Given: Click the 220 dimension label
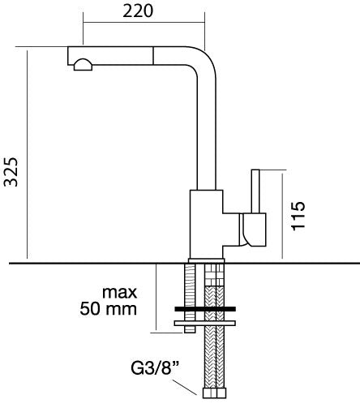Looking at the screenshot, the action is point(138,11).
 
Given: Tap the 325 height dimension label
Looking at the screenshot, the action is point(11,172).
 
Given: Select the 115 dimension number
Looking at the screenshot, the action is point(298,216).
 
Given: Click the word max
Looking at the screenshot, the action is point(119,293).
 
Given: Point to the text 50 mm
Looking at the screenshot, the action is point(108,308).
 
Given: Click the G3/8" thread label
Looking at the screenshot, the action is point(156,367).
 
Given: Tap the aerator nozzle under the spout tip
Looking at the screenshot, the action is point(83,65).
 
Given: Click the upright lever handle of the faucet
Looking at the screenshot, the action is point(255,191).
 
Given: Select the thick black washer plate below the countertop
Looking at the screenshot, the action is point(205,309).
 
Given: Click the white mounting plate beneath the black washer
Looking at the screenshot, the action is point(205,323).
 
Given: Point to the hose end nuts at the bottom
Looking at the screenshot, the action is point(214,393).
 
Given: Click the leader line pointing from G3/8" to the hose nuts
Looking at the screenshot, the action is point(185,387).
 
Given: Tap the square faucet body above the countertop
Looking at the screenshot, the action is point(206,224).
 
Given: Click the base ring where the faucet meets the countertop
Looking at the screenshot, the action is point(206,260).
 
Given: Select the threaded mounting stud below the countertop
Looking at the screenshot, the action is point(190,298).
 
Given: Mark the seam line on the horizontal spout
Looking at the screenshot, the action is point(153,56).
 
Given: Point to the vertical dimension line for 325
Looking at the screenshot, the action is point(28,154).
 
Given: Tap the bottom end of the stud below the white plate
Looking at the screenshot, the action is point(190,333).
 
